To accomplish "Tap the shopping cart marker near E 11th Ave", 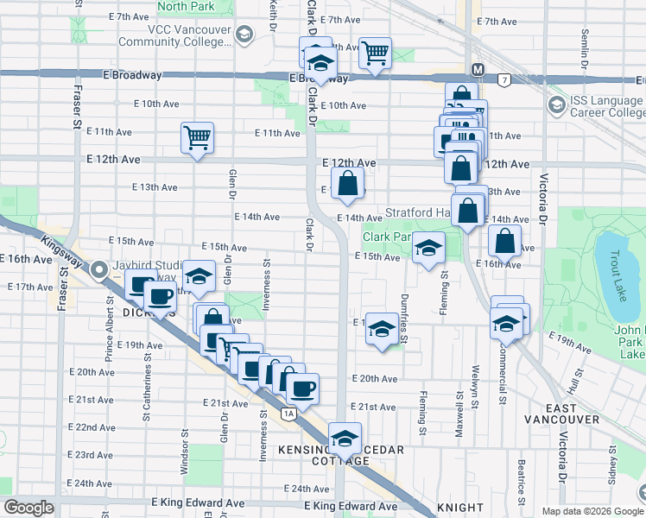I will click(197, 137).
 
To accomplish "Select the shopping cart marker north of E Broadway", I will click(375, 54).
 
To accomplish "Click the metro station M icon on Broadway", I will click(478, 68).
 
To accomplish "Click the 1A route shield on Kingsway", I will click(288, 414).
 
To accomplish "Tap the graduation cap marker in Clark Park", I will click(427, 249).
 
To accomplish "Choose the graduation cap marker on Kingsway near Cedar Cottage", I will click(345, 439).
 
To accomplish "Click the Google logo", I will click(28, 508).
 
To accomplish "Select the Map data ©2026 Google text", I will click(592, 511).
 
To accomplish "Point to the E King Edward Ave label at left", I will click(198, 502).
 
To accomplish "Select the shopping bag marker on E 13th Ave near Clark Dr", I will click(347, 183).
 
